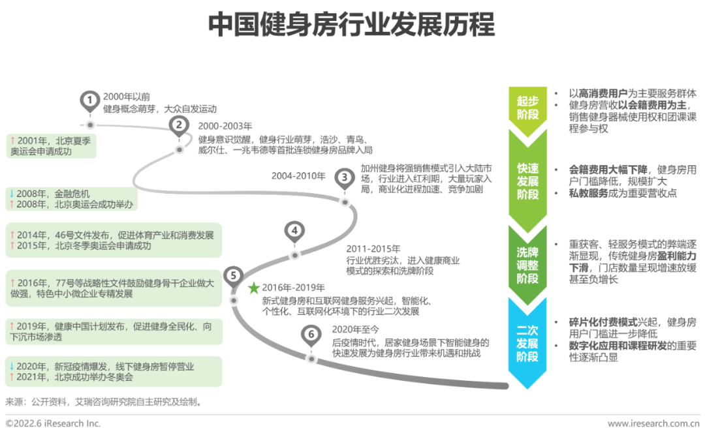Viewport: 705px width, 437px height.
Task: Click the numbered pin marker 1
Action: point(90,100)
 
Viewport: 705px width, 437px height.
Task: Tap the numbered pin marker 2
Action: point(179,125)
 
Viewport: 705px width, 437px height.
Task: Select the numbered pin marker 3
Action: point(344,177)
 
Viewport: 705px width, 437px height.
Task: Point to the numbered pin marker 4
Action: point(295,231)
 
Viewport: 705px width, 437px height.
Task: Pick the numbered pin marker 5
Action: point(233,276)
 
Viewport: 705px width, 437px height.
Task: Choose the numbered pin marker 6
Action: point(312,335)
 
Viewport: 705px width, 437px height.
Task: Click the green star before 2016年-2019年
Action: point(253,288)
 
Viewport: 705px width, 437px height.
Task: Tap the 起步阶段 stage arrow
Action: point(527,108)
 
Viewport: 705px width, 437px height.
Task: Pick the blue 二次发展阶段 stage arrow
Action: point(527,340)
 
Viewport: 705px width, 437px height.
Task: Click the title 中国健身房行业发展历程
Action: point(352,25)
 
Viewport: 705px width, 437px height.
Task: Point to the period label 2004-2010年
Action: point(298,176)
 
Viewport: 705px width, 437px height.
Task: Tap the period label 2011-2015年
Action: point(373,249)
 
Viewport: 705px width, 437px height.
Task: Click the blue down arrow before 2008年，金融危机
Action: point(11,193)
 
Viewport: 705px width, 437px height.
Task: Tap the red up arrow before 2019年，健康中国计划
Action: point(11,325)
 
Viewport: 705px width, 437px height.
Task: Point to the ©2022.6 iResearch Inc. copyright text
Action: point(54,424)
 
